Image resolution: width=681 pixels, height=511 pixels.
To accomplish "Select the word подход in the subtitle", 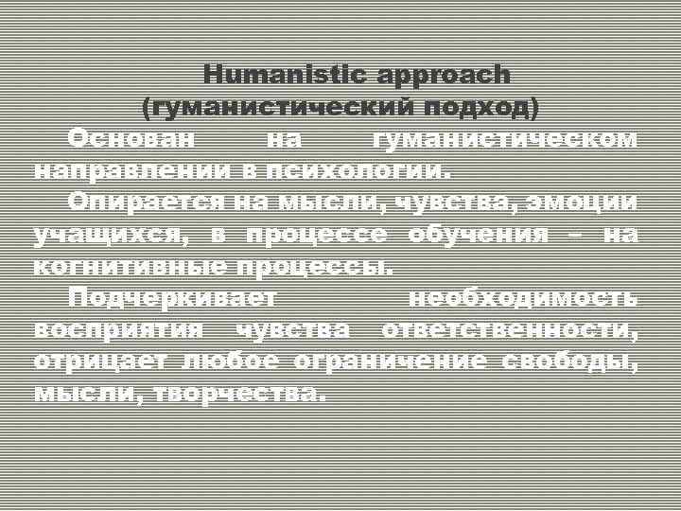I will (481, 108).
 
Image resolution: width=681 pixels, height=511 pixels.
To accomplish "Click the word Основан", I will (131, 138).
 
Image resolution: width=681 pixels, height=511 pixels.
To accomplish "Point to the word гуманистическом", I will (505, 138).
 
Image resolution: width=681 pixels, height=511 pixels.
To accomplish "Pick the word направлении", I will (131, 171).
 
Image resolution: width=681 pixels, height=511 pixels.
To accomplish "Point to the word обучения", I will (478, 235).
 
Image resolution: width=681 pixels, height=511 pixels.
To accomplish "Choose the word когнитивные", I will (131, 267).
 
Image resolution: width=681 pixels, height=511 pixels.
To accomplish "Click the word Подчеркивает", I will (173, 299).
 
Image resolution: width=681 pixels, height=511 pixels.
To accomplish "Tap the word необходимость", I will (522, 299).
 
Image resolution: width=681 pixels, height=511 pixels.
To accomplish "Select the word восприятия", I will (118, 330).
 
